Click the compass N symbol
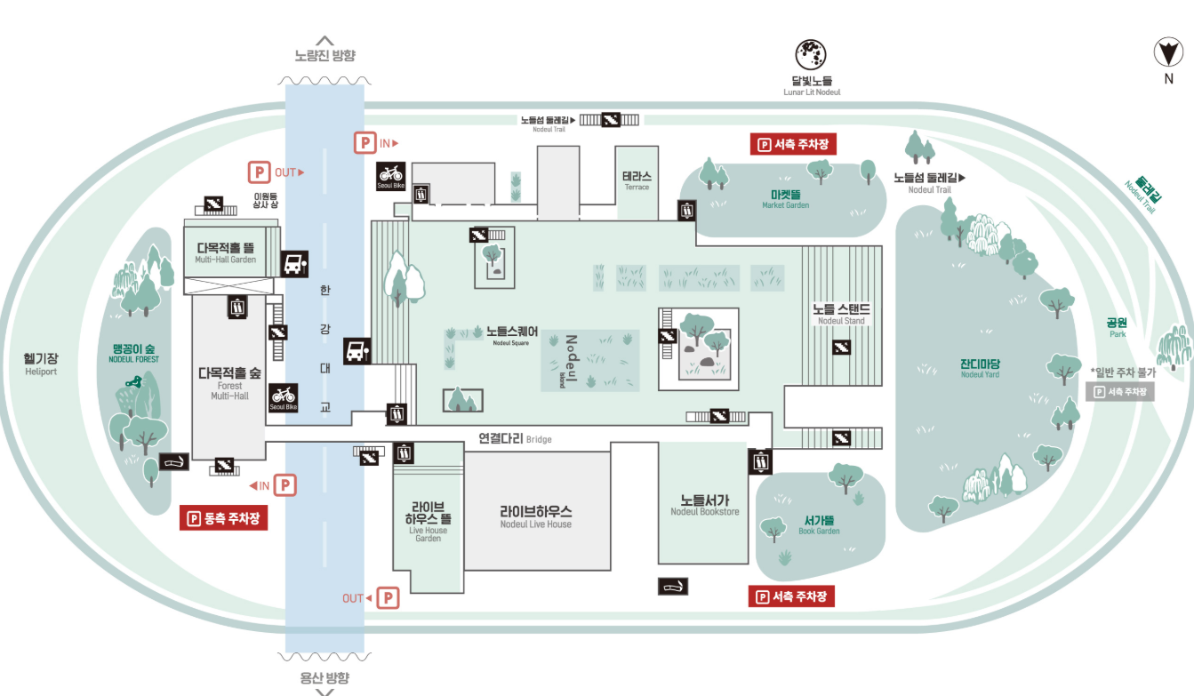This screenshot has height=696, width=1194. (x=1169, y=54)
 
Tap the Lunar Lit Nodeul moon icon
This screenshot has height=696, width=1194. (x=811, y=55)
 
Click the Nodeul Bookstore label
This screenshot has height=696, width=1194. (x=704, y=505)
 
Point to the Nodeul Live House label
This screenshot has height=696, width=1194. (x=535, y=516)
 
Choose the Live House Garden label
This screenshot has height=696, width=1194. (x=428, y=524)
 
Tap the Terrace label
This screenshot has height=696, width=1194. (x=637, y=180)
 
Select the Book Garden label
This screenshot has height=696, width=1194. (x=818, y=524)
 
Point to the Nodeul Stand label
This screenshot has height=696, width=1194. (x=840, y=314)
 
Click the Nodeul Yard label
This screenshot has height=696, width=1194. (x=980, y=368)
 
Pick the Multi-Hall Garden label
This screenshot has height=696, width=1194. (x=226, y=252)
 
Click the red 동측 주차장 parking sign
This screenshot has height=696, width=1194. (x=224, y=518)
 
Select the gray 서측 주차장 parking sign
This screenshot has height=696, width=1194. (x=1119, y=391)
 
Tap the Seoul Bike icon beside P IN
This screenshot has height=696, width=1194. (x=391, y=176)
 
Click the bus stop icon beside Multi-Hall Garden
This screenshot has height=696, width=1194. (x=294, y=263)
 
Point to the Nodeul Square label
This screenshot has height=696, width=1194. (x=511, y=334)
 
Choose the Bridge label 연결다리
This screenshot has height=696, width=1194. (x=514, y=438)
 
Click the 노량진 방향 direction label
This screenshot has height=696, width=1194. (x=325, y=55)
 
